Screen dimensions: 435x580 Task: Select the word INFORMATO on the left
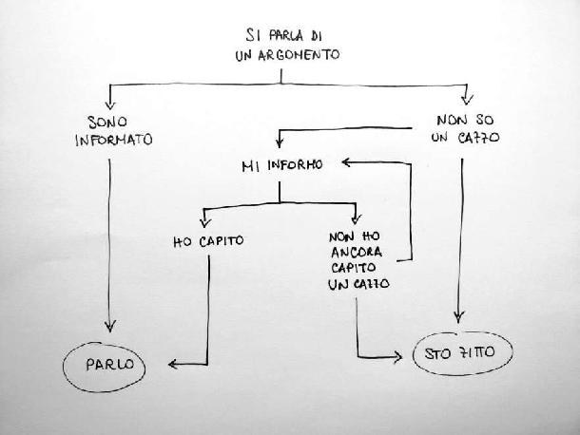[120, 140]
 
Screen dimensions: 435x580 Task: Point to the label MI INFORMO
[282, 164]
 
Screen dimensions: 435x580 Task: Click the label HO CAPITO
[208, 240]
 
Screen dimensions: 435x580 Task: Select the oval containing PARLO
[105, 363]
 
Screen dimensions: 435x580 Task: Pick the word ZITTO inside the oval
[482, 354]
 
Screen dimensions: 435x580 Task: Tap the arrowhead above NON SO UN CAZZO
[466, 98]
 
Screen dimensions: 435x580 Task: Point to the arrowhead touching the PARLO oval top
[110, 328]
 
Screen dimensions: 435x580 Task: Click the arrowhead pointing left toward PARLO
[172, 363]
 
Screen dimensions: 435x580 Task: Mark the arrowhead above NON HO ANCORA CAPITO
[357, 215]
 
